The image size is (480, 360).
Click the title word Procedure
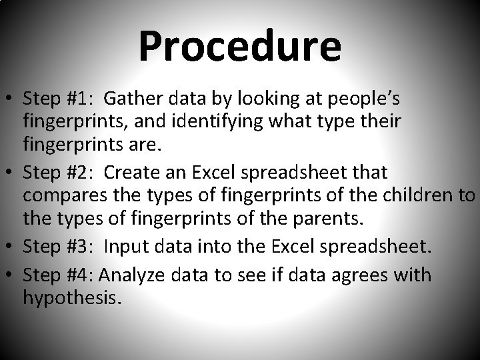(x=239, y=47)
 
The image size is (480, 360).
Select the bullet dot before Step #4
(x=11, y=275)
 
